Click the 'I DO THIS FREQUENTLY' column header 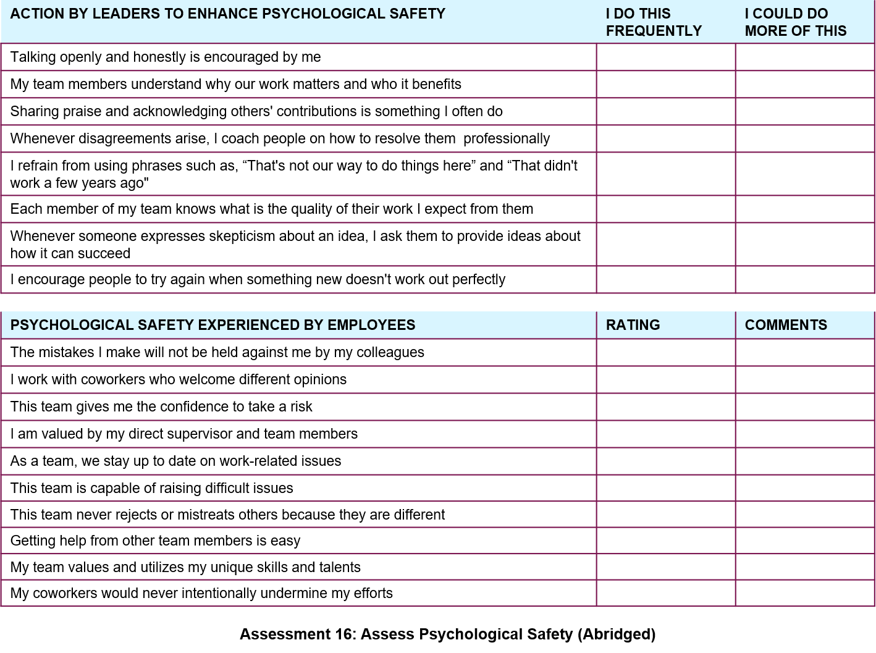654,22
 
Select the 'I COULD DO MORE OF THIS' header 795,22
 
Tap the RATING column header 633,325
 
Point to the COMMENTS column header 786,325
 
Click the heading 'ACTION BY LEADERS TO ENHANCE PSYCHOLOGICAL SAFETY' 227,14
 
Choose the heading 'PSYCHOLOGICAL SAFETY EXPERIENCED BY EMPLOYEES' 213,325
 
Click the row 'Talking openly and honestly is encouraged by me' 166,57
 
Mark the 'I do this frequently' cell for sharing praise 666,111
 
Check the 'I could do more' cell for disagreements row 805,138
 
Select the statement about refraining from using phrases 293,174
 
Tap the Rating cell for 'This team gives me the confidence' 666,407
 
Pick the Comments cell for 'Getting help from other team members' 805,541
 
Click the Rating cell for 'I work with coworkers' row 666,379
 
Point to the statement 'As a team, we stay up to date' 175,461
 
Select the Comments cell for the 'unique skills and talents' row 805,567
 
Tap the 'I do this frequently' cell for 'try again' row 666,279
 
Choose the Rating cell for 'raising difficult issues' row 666,488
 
